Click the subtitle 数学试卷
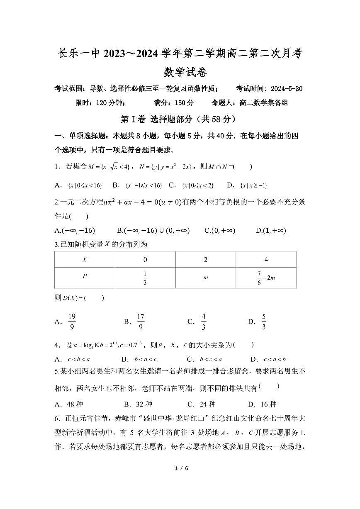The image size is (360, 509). pos(180,72)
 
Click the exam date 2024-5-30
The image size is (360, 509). pos(286,89)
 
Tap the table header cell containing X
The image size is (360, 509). pos(85,260)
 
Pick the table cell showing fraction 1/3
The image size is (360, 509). pos(145,278)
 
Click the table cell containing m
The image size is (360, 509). pos(205,278)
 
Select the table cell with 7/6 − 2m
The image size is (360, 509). pos(266,278)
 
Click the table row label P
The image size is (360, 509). pos(85,276)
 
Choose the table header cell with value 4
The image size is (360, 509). pos(266,260)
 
